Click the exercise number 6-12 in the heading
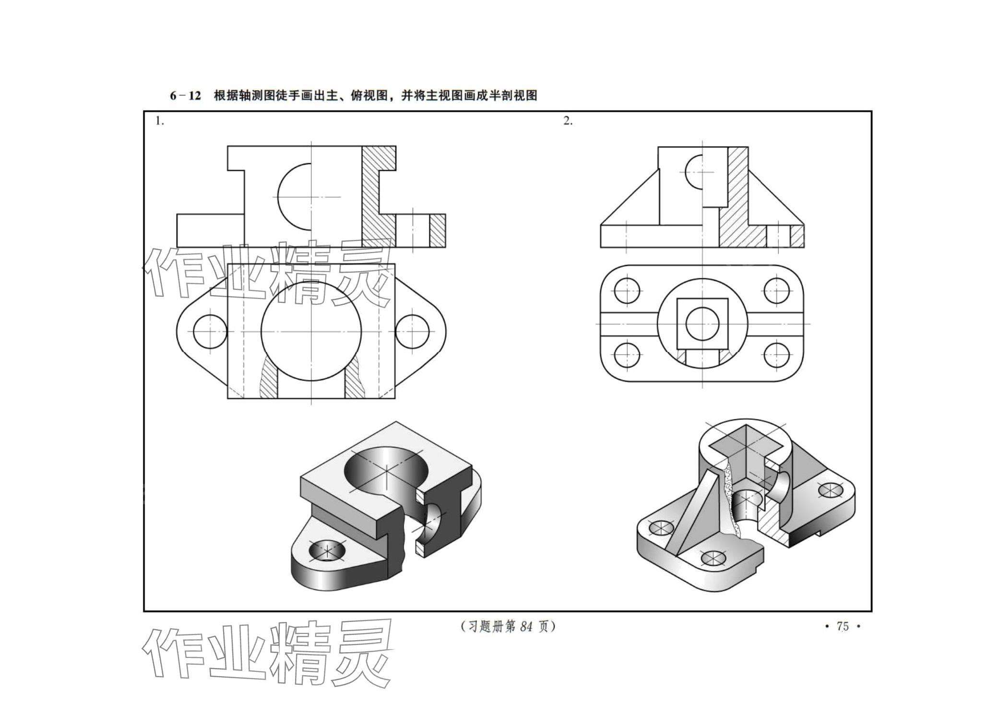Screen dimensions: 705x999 [185, 96]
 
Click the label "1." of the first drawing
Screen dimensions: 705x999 [159, 121]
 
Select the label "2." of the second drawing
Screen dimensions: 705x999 [568, 121]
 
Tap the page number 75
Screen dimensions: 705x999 [843, 626]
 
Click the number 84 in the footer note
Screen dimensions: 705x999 [526, 626]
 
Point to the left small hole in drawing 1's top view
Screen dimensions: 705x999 [210, 332]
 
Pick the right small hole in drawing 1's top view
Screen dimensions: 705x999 [412, 332]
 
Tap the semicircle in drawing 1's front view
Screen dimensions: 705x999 [294, 196]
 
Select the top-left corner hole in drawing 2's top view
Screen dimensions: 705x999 [627, 291]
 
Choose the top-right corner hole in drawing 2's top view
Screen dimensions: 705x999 [776, 291]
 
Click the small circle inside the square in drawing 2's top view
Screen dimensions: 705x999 [702, 323]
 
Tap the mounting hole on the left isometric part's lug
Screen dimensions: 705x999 [327, 551]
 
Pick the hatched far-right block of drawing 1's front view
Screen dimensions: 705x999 [437, 231]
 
